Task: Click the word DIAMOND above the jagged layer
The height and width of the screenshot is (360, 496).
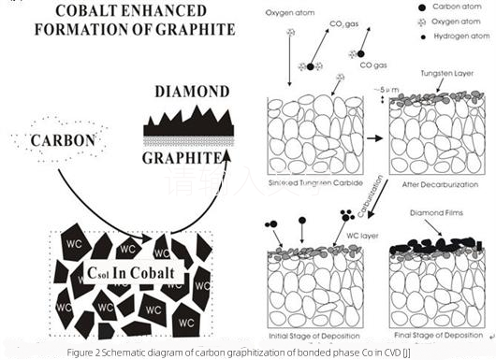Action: (185, 93)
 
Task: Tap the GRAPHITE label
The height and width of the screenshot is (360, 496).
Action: (184, 157)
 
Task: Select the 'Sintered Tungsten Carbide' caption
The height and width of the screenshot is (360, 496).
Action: (317, 187)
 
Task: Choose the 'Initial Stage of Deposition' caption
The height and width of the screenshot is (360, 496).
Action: (315, 334)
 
